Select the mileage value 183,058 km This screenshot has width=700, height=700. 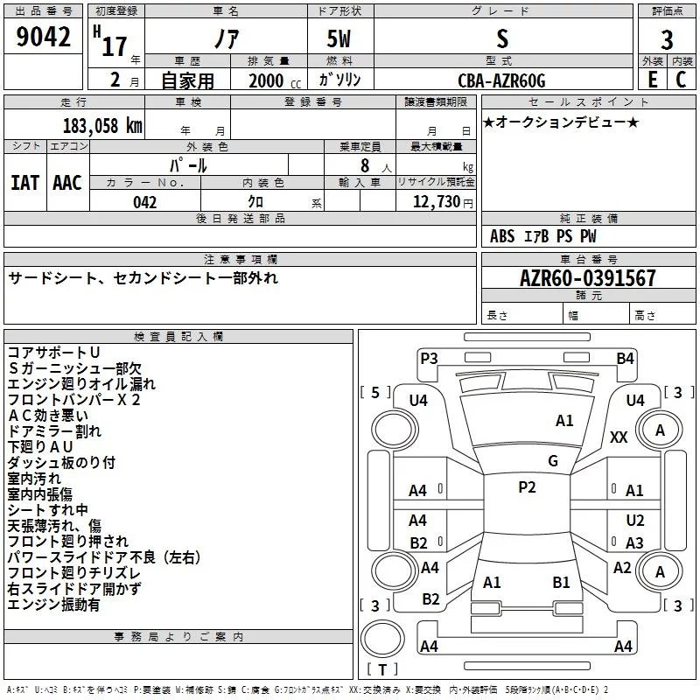(102, 125)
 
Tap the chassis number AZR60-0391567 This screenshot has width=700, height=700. (587, 279)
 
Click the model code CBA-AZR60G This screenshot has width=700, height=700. (501, 81)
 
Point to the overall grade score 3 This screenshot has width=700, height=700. (667, 40)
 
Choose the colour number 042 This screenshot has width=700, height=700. (145, 202)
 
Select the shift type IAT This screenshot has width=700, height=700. (24, 183)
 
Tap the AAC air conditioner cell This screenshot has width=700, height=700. (66, 183)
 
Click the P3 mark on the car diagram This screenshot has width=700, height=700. (429, 358)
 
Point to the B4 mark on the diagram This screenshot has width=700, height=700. (625, 358)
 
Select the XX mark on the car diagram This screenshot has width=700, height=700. (619, 437)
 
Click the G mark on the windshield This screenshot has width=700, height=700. (552, 461)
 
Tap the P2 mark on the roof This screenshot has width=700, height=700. (527, 487)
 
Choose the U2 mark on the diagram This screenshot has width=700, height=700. (634, 520)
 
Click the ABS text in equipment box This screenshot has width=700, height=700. (502, 236)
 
